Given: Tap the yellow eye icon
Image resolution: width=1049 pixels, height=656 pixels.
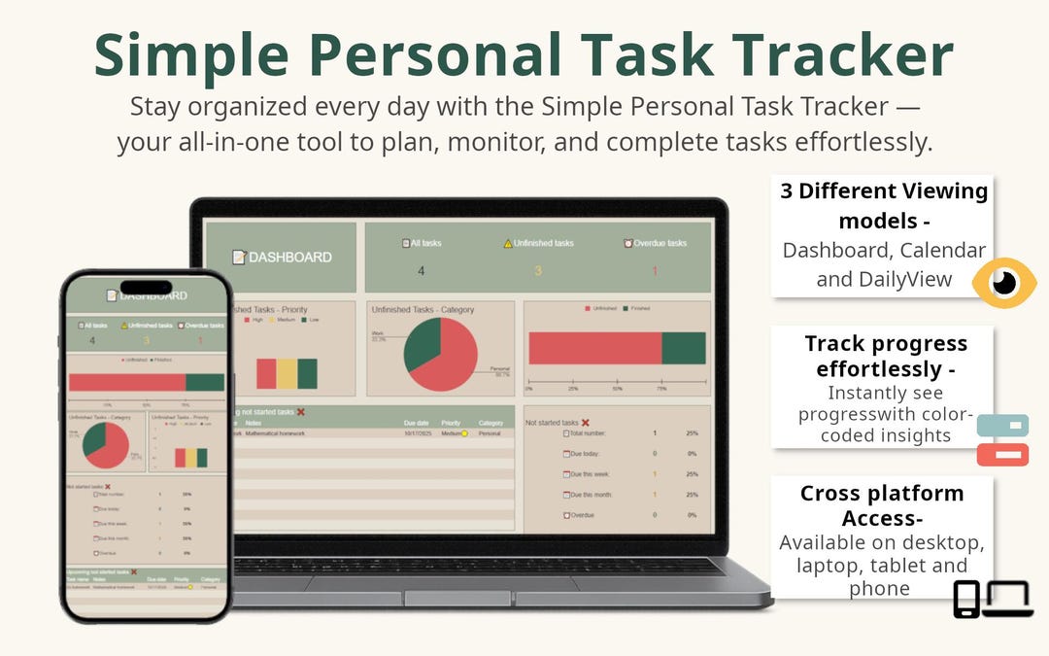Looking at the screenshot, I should point(1004,283).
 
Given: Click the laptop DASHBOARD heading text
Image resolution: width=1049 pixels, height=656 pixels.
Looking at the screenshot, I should point(290,258).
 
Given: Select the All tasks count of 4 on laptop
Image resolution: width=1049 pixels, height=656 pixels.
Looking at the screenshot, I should point(421,271).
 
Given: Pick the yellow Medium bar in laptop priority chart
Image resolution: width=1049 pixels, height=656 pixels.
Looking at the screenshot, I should point(287,373).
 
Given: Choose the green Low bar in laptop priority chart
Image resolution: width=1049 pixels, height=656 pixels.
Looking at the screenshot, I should point(307,373).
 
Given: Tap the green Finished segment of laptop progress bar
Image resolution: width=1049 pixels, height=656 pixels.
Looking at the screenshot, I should point(683,348).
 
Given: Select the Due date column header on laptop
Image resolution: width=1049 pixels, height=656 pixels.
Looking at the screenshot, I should point(416,423).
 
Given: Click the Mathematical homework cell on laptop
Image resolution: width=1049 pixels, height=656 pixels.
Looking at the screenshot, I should point(275,433).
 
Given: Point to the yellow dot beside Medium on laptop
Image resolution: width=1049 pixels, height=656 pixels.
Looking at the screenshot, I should point(464,433).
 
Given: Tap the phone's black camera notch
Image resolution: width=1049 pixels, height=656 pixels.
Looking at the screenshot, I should point(146,288).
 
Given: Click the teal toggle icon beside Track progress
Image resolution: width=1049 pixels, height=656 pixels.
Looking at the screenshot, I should point(1002,426).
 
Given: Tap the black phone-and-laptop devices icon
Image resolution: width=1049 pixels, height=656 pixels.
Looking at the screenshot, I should point(991,599).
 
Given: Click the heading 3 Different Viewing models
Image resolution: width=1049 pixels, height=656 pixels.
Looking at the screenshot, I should point(884,205).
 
